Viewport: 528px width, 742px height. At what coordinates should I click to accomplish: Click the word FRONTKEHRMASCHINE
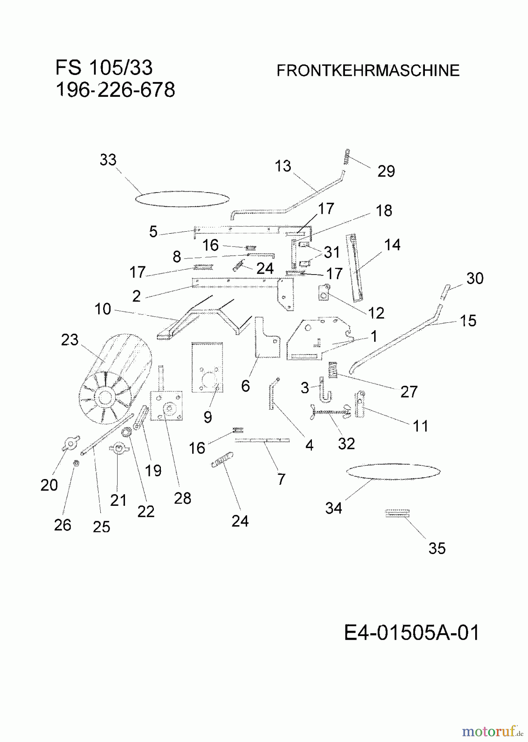pos(368,70)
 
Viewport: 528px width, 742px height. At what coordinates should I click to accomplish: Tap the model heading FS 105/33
pos(104,68)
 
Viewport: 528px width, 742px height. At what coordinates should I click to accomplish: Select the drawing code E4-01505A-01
pos(412,632)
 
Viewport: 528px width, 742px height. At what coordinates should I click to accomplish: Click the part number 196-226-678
pos(115,89)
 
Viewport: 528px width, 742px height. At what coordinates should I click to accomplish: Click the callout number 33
pos(108,160)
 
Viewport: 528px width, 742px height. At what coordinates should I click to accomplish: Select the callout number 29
pos(386,171)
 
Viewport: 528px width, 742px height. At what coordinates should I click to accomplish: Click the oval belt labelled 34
pos(393,472)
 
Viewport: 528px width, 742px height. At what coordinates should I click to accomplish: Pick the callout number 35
pos(437,549)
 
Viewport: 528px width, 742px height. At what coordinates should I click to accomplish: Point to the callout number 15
pos(468,321)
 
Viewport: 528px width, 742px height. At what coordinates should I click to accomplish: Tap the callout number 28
pos(182,498)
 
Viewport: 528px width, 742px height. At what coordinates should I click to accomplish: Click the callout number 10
pos(103,309)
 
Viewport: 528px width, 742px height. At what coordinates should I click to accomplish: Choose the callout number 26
pos(63,525)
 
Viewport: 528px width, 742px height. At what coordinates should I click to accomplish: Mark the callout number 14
pos(392,245)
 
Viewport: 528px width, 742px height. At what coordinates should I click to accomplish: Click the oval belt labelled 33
pos(182,198)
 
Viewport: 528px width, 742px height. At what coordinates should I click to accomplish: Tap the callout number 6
pos(245,386)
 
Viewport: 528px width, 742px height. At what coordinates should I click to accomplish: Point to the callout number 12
pos(376,313)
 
